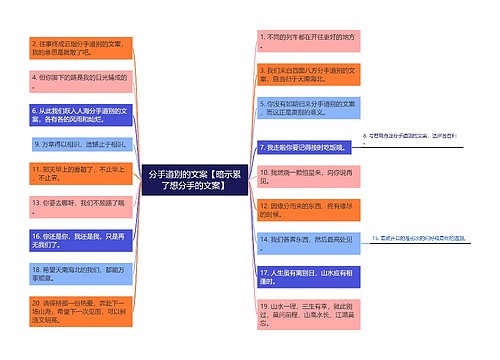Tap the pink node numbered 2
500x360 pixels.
(x=79, y=50)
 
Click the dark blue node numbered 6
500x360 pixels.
(x=79, y=112)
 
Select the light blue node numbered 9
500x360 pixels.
(x=80, y=143)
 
